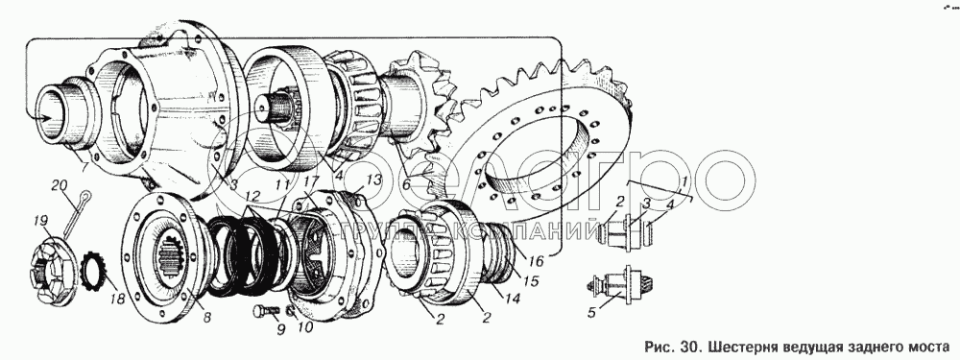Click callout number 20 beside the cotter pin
pos(59,185)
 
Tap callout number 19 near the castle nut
pos(41,221)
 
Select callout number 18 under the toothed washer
pos(116,300)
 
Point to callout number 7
pos(85,166)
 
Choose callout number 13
pos(373,180)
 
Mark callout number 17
pos(311,181)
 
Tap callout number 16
pos(537,261)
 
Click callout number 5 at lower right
pos(590,313)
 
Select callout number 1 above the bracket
pos(684,181)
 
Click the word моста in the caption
pos(929,348)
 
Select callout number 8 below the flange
pos(207,318)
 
